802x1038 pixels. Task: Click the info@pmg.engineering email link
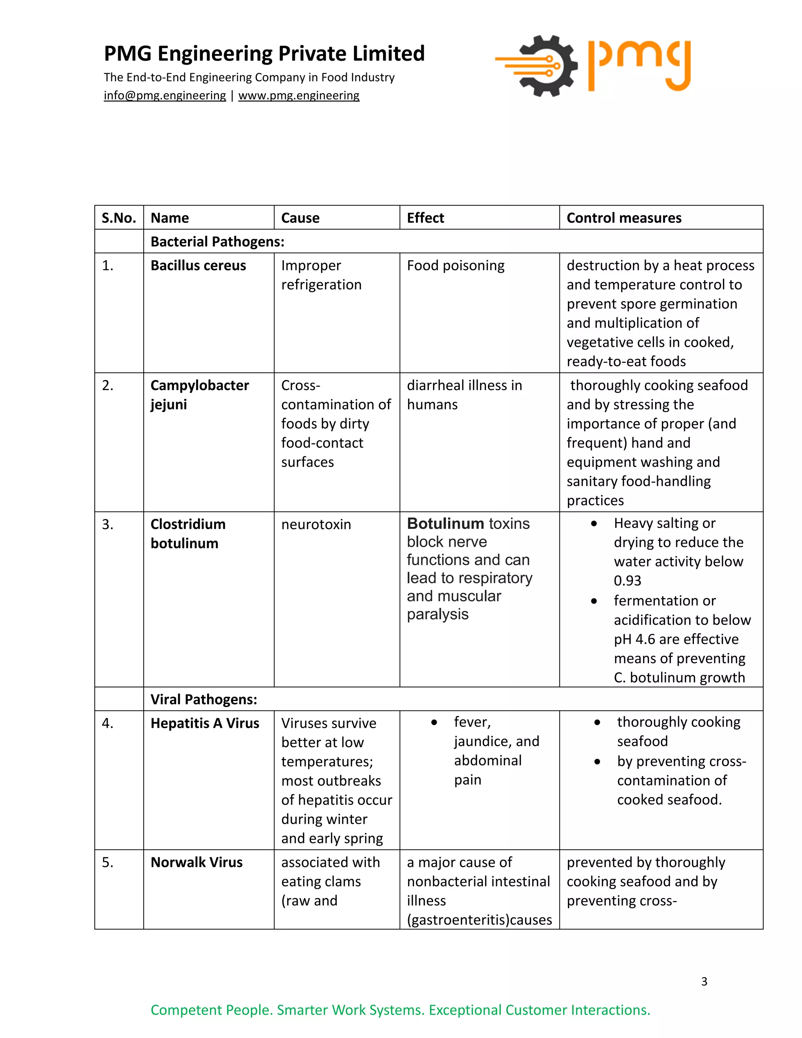pos(164,96)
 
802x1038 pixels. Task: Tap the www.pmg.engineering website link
pos(298,96)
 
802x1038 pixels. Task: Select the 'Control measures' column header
pos(623,218)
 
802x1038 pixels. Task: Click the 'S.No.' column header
pos(119,218)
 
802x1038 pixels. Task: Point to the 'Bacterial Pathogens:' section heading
pos(217,242)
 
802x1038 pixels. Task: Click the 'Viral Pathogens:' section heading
pos(203,700)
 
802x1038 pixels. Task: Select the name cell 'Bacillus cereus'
pos(198,266)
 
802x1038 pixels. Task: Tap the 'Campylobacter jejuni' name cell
pos(200,395)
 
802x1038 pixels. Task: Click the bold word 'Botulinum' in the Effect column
pos(445,524)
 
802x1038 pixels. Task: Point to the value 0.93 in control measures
pos(627,581)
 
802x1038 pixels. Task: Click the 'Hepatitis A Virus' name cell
pos(205,723)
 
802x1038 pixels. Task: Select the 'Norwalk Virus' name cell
pos(196,863)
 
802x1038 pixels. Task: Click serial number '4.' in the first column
pos(107,723)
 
